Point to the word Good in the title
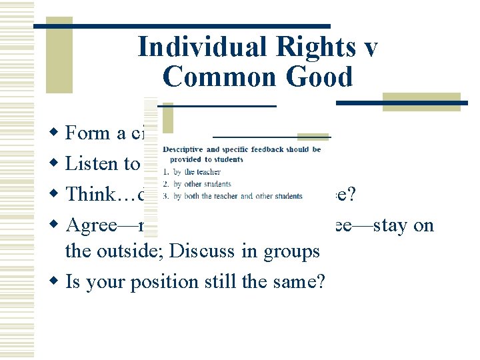click(x=319, y=77)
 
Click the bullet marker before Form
click(x=55, y=133)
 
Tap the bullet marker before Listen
click(x=55, y=165)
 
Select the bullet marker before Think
click(x=55, y=195)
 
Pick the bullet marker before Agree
click(x=55, y=226)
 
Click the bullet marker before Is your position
click(x=55, y=282)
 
